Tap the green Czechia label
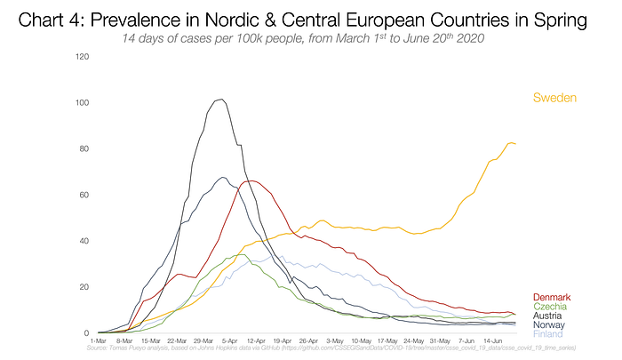tap(551, 307)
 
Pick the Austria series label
tap(550, 316)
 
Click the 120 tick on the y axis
tap(83, 57)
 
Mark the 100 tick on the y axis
tap(83, 103)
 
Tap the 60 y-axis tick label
tap(84, 195)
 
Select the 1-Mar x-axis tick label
tap(98, 340)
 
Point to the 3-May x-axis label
tap(336, 340)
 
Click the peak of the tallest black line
tap(219, 99)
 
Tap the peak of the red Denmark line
tap(251, 181)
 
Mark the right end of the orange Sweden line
tap(515, 144)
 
